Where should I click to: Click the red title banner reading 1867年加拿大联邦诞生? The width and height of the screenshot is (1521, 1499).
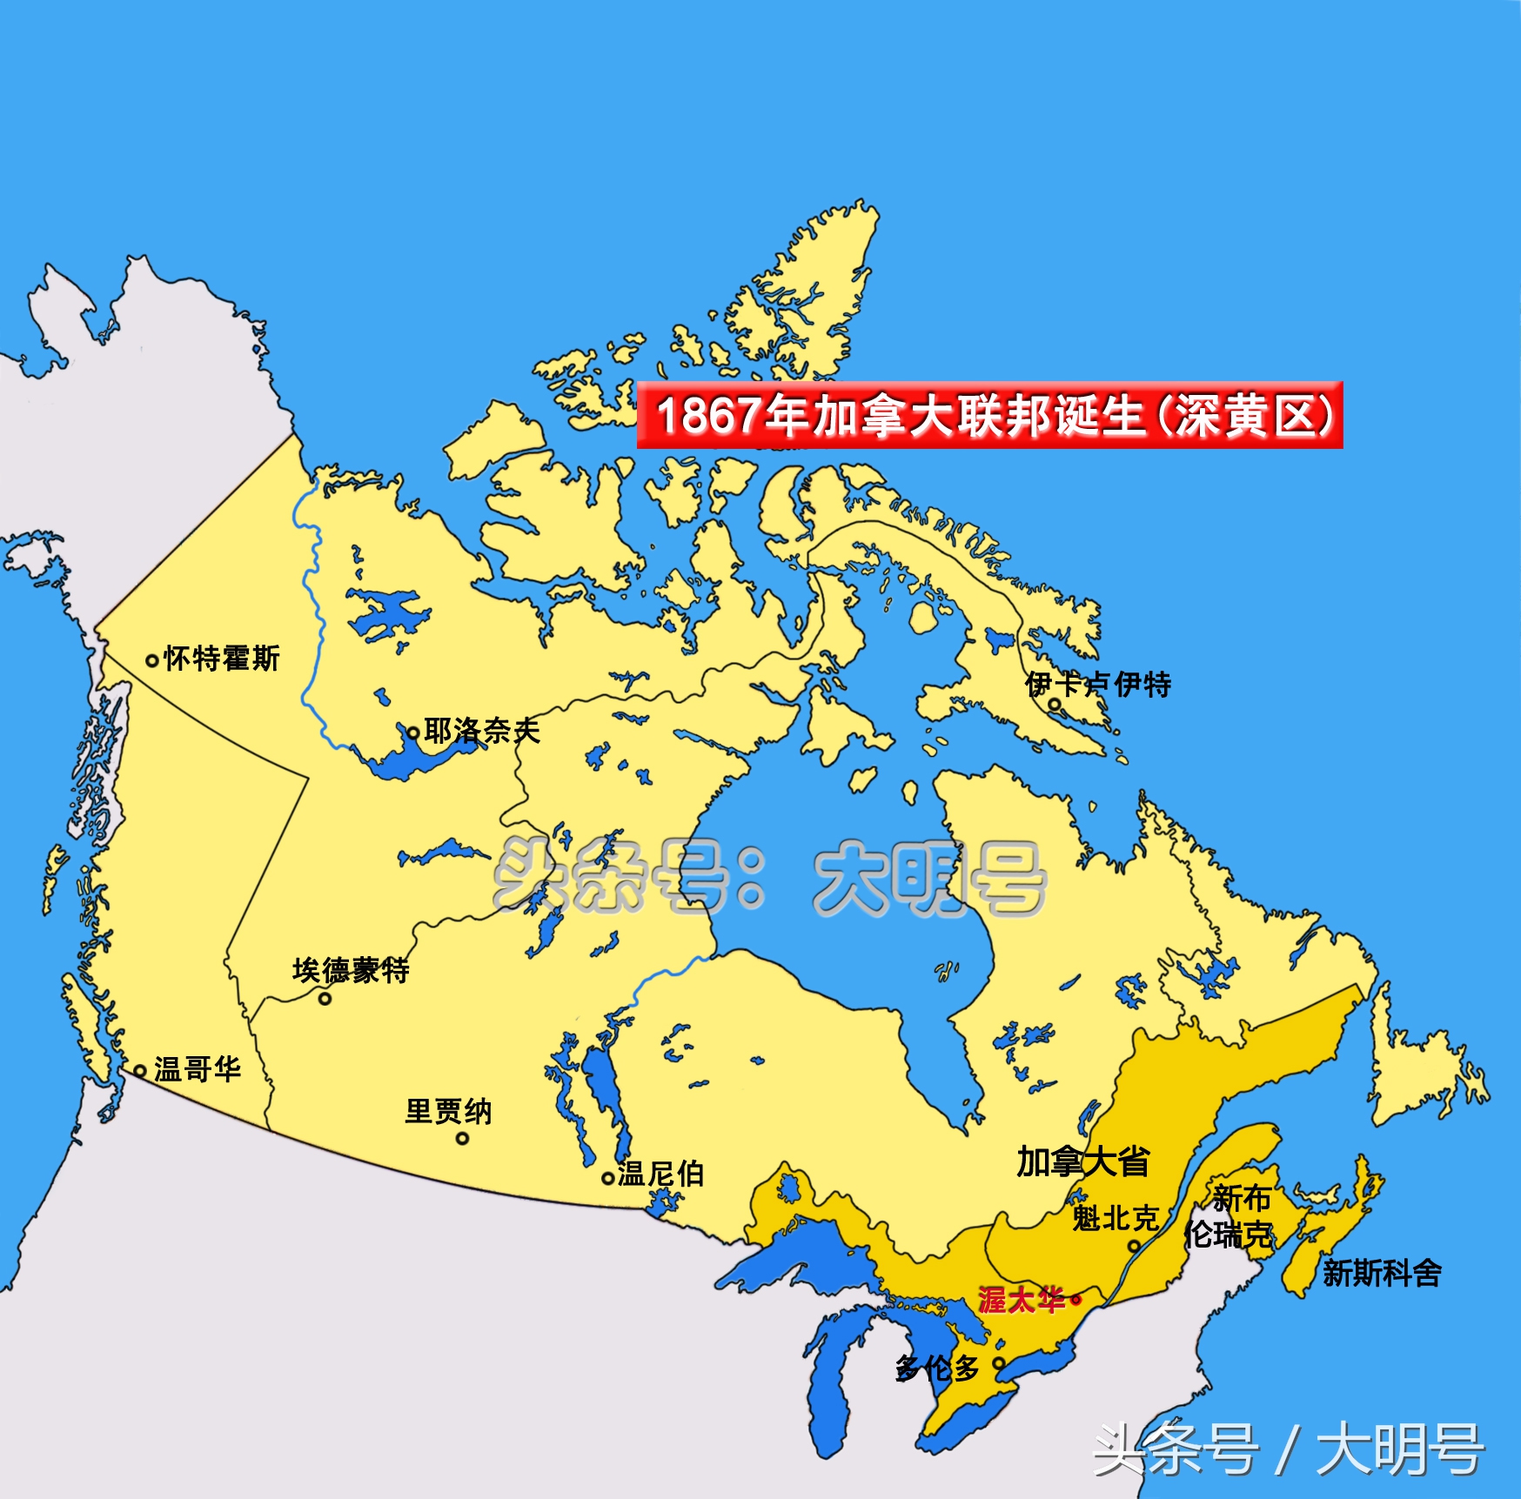[x=989, y=415]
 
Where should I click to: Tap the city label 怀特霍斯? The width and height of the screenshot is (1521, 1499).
[x=222, y=659]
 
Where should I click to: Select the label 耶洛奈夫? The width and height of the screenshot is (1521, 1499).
[x=482, y=731]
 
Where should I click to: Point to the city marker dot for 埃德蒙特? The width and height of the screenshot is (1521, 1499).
[x=325, y=999]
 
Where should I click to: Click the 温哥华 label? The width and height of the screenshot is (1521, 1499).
[x=198, y=1069]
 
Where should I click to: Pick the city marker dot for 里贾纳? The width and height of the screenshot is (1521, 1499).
[x=462, y=1138]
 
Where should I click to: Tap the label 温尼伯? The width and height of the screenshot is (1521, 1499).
[x=660, y=1174]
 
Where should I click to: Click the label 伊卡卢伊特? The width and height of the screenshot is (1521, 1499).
[x=1098, y=685]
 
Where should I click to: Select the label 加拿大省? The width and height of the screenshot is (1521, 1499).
[x=1083, y=1161]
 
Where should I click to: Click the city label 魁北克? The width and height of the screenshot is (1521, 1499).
[x=1115, y=1219]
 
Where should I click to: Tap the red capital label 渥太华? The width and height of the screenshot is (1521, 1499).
[x=1022, y=1300]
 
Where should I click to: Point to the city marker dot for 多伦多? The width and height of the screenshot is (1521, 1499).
[x=999, y=1363]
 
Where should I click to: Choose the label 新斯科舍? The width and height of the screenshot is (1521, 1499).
[x=1382, y=1274]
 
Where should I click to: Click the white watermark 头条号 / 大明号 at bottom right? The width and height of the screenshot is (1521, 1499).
[x=1288, y=1449]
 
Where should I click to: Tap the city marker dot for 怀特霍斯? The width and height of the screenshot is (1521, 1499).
[x=151, y=661]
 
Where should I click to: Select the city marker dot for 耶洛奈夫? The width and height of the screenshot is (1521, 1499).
[x=413, y=733]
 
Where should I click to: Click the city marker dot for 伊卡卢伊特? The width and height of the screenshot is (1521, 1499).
[x=1053, y=705]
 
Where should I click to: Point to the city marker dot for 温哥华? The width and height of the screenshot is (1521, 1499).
[x=139, y=1071]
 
